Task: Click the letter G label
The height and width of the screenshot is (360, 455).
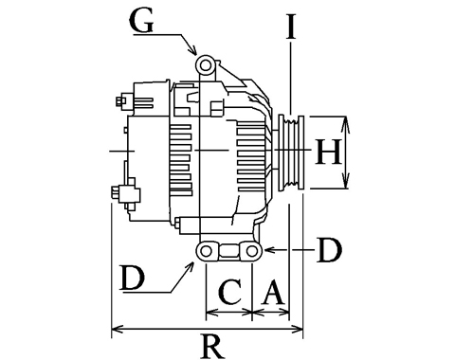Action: click(141, 22)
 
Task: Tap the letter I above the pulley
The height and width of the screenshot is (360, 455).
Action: click(291, 27)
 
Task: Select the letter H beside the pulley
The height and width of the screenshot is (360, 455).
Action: click(329, 153)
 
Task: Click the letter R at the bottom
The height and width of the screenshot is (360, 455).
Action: click(212, 347)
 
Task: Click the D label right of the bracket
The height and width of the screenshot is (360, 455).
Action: click(330, 250)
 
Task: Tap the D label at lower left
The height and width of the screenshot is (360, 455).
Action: click(133, 278)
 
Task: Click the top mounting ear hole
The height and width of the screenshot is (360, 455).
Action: click(206, 65)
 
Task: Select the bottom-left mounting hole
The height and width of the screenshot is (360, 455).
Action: click(206, 251)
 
